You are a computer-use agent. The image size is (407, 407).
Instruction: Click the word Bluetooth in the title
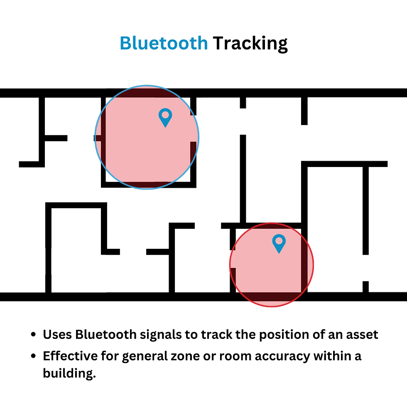coord(164,43)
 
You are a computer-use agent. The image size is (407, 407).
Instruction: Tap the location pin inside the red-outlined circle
coord(279,243)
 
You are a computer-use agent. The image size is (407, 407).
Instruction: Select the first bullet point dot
coord(34,335)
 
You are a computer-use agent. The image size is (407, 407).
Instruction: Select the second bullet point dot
coord(34,356)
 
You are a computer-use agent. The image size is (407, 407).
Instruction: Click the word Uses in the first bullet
coord(57,335)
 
